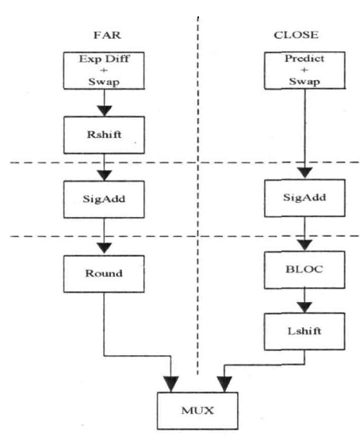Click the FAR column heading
107,35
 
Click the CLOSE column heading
296,35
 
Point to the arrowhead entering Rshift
105,111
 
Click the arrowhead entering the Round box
105,248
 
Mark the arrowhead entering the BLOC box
304,245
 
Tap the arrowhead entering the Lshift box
304,307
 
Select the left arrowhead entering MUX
170,384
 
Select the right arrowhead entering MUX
224,384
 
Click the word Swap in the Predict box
304,82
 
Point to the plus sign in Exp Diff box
104,71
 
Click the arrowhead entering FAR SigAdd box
105,175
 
